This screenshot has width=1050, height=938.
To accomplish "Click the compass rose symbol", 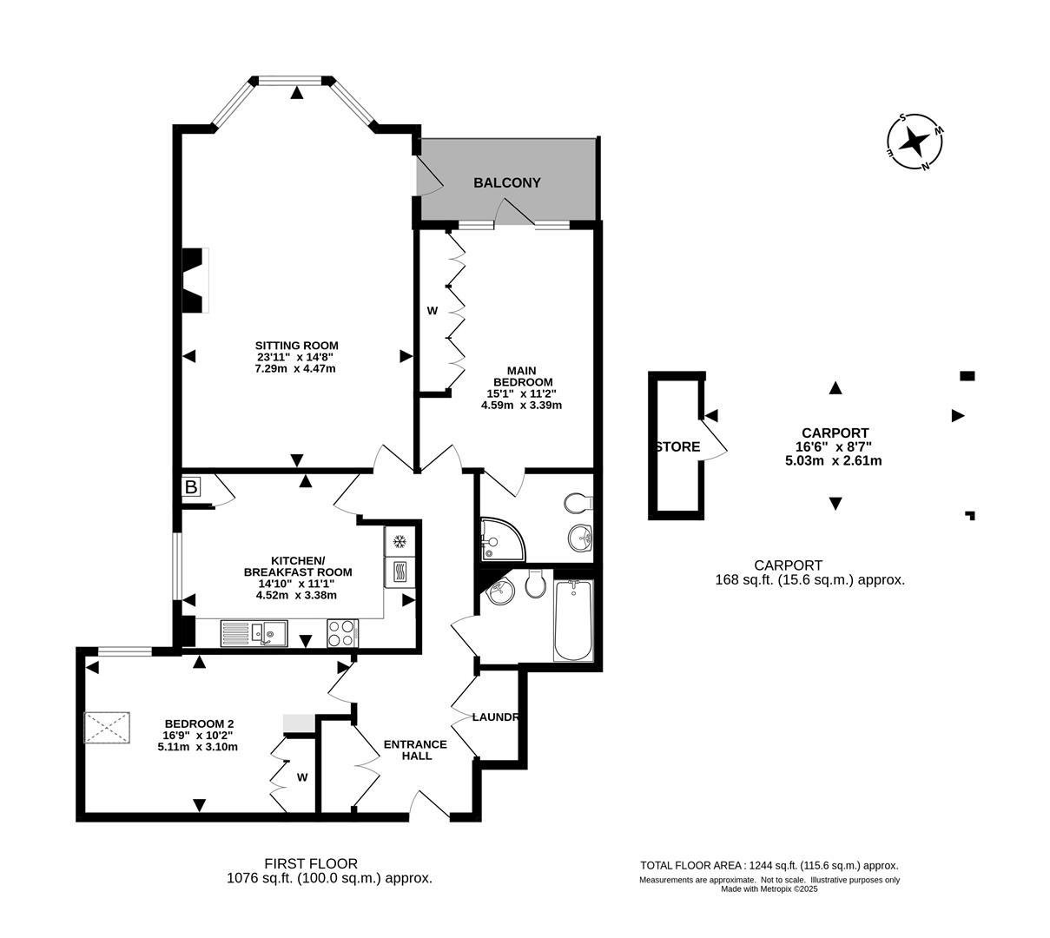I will coord(915,142).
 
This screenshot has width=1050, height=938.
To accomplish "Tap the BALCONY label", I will coord(506,183).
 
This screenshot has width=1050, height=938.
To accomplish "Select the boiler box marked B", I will coord(191,487).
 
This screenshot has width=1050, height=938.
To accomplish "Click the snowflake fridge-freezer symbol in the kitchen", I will coord(400,542).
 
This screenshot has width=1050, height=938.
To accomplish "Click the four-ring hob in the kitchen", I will coord(342,632).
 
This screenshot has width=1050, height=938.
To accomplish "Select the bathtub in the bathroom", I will coord(573,620).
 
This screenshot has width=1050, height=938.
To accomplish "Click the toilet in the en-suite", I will coord(578,503).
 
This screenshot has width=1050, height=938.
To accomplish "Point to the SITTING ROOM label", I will coord(296,345).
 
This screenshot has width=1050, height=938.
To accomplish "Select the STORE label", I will coord(677,447).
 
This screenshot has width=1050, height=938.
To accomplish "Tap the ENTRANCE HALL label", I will coord(415,750).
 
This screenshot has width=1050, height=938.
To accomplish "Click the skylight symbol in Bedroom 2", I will coord(108,727).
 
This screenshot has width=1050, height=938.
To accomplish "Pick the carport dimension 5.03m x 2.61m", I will coord(833,460).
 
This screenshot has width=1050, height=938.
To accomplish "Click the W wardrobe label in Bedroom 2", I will coord(302,777).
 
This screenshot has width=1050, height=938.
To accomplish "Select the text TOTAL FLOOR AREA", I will coord(690,865).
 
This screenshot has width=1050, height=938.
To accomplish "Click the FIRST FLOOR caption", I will coord(311,863).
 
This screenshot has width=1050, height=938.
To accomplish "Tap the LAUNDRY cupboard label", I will coord(496,717).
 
